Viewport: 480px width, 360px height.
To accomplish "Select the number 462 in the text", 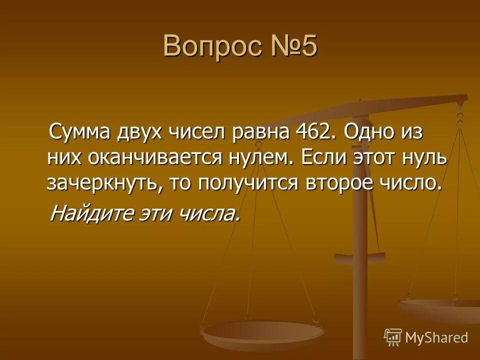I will coord(311,134).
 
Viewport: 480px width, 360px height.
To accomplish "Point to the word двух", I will coord(139,134).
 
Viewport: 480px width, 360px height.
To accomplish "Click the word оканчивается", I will coord(141,158).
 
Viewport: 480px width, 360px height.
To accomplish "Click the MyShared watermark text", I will coord(436,337).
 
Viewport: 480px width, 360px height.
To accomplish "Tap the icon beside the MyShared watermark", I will coord(393,337).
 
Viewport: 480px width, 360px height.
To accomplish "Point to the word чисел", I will coord(198,134).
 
